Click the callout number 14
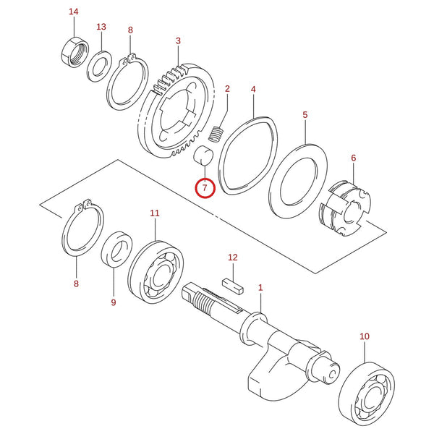coord(74,12)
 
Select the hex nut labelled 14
coord(75,52)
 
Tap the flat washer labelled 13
coord(100,66)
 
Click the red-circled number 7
coord(205,187)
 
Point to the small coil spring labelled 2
coord(216,135)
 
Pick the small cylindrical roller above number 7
coord(203,156)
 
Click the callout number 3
coord(178,41)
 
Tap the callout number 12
coord(233,258)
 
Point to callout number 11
coord(155,213)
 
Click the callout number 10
coord(365,336)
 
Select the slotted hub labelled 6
coord(345,208)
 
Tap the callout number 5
coord(305,114)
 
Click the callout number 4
coord(253,90)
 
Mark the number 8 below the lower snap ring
coord(76,284)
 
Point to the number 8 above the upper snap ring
coord(130,30)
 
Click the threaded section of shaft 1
coord(203,302)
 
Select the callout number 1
coord(260,288)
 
